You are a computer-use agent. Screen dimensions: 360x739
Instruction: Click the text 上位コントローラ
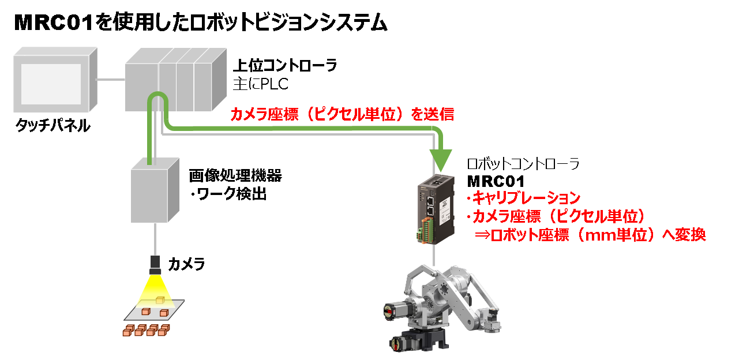point(285,65)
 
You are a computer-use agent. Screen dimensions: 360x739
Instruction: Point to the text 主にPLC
point(260,84)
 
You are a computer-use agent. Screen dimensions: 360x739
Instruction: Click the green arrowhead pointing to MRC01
point(442,156)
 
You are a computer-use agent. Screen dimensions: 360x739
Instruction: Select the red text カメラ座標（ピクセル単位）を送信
point(343,114)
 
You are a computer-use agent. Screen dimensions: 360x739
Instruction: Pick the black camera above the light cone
point(155,264)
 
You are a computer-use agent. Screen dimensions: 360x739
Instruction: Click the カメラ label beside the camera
point(186,265)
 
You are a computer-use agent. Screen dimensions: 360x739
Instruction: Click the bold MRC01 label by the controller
point(496,181)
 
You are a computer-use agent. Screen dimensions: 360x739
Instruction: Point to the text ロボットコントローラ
point(523,164)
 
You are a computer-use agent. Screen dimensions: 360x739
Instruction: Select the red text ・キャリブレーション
point(523,198)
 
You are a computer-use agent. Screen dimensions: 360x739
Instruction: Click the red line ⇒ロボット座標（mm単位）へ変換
point(590,235)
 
